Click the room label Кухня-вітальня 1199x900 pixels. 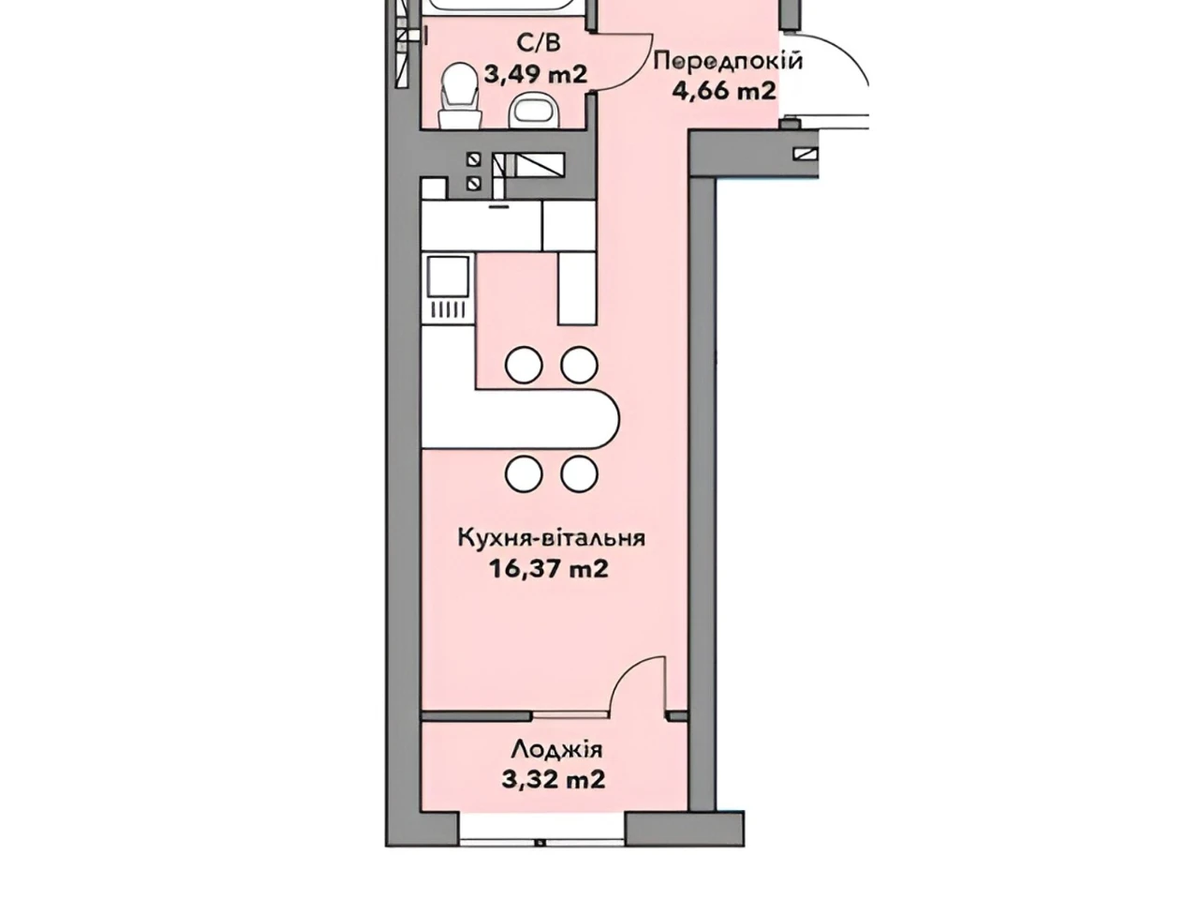click(x=551, y=538)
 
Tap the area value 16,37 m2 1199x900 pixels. click(x=549, y=569)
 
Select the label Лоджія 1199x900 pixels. click(x=556, y=749)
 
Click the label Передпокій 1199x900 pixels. click(x=729, y=60)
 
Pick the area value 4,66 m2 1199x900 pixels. click(x=724, y=90)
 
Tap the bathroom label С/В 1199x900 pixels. click(x=539, y=42)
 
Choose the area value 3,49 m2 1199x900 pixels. click(x=536, y=73)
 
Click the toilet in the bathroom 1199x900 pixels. click(x=460, y=96)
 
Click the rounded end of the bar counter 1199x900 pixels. click(x=606, y=420)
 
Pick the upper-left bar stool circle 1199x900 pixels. click(x=524, y=365)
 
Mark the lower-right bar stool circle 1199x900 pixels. click(x=579, y=472)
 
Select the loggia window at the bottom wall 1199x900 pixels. click(x=541, y=844)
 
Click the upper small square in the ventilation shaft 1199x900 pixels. click(x=474, y=159)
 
